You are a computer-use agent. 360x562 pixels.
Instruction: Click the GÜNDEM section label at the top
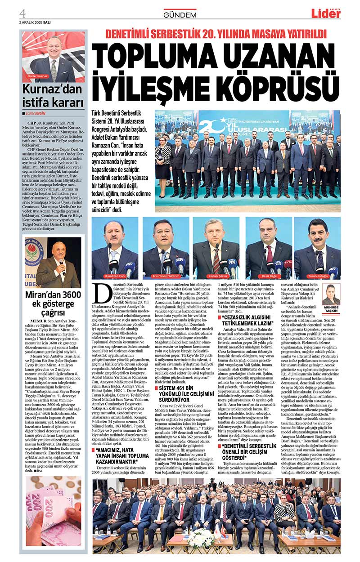point(180,15)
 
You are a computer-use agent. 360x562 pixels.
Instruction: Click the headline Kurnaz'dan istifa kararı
point(54,95)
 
